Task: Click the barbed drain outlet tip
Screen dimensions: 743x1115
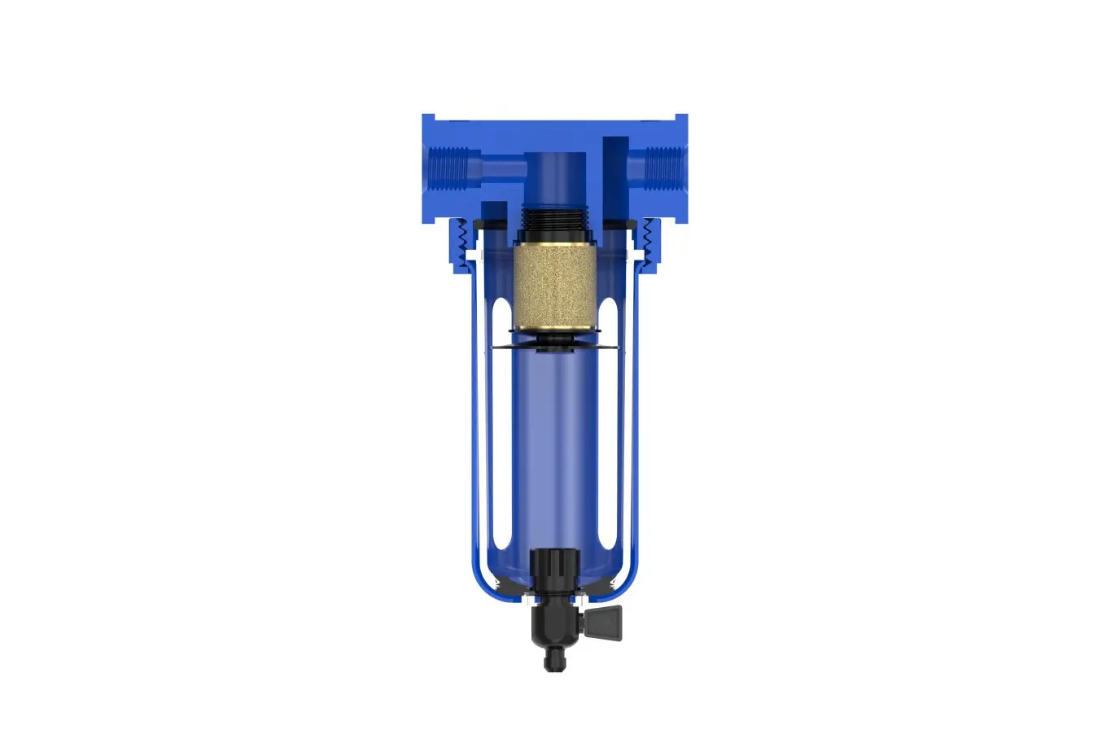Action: coord(554,659)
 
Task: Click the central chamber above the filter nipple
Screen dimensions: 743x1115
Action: coord(554,175)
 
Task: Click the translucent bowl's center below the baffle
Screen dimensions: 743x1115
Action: coord(554,448)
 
